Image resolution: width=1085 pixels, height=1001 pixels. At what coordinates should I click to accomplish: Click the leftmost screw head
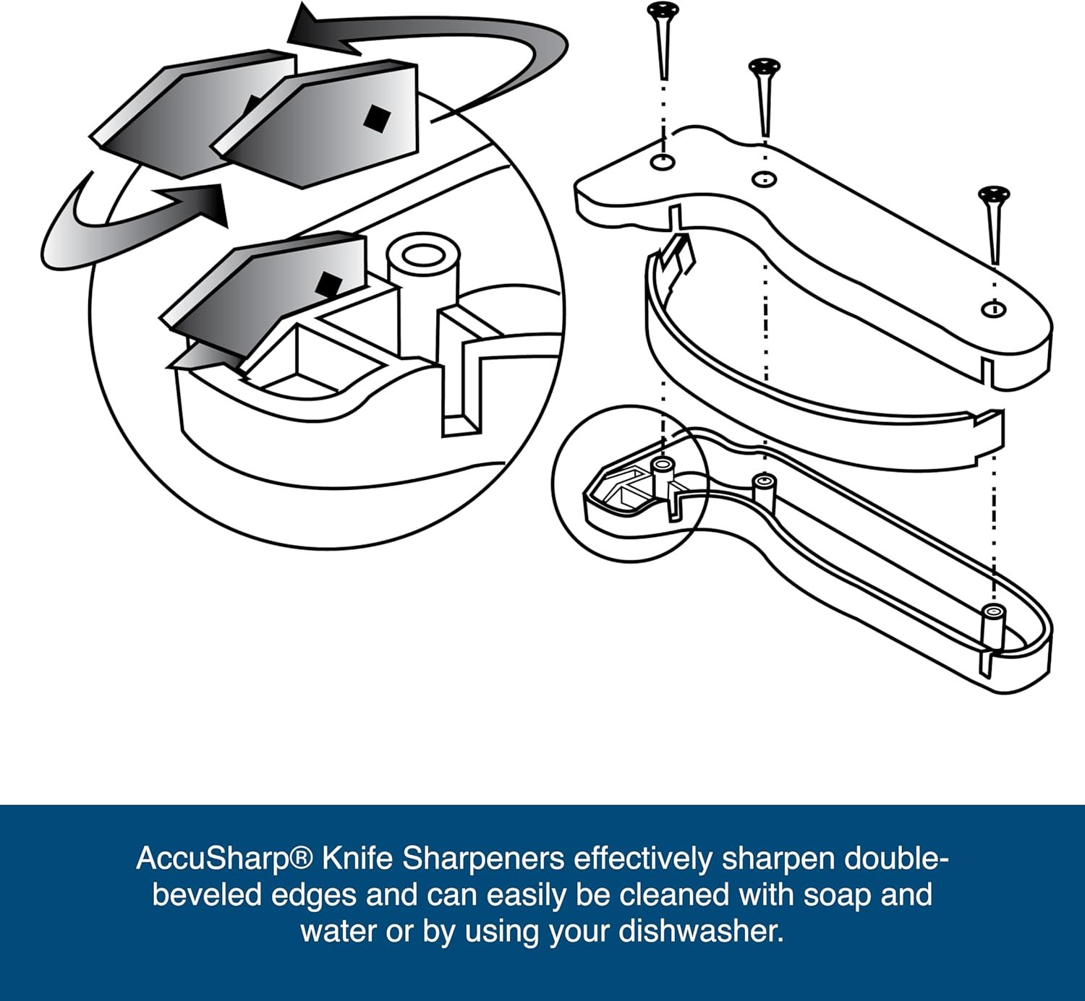click(x=663, y=9)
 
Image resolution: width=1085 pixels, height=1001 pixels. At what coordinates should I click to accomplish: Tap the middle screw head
click(x=765, y=66)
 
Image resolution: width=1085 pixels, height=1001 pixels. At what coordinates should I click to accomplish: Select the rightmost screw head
click(x=994, y=194)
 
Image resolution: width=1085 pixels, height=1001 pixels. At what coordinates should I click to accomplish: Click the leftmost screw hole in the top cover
click(x=663, y=162)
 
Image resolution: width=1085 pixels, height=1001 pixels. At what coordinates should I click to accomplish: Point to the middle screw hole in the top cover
click(x=765, y=179)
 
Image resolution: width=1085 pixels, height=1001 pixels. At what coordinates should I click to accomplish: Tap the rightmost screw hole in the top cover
click(x=993, y=309)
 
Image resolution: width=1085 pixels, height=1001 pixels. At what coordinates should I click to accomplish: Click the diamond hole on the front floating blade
click(x=376, y=119)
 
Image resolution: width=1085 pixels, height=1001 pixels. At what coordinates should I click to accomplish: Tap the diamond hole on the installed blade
click(x=328, y=283)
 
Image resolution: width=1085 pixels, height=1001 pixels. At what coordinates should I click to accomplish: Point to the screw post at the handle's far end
click(x=992, y=628)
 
